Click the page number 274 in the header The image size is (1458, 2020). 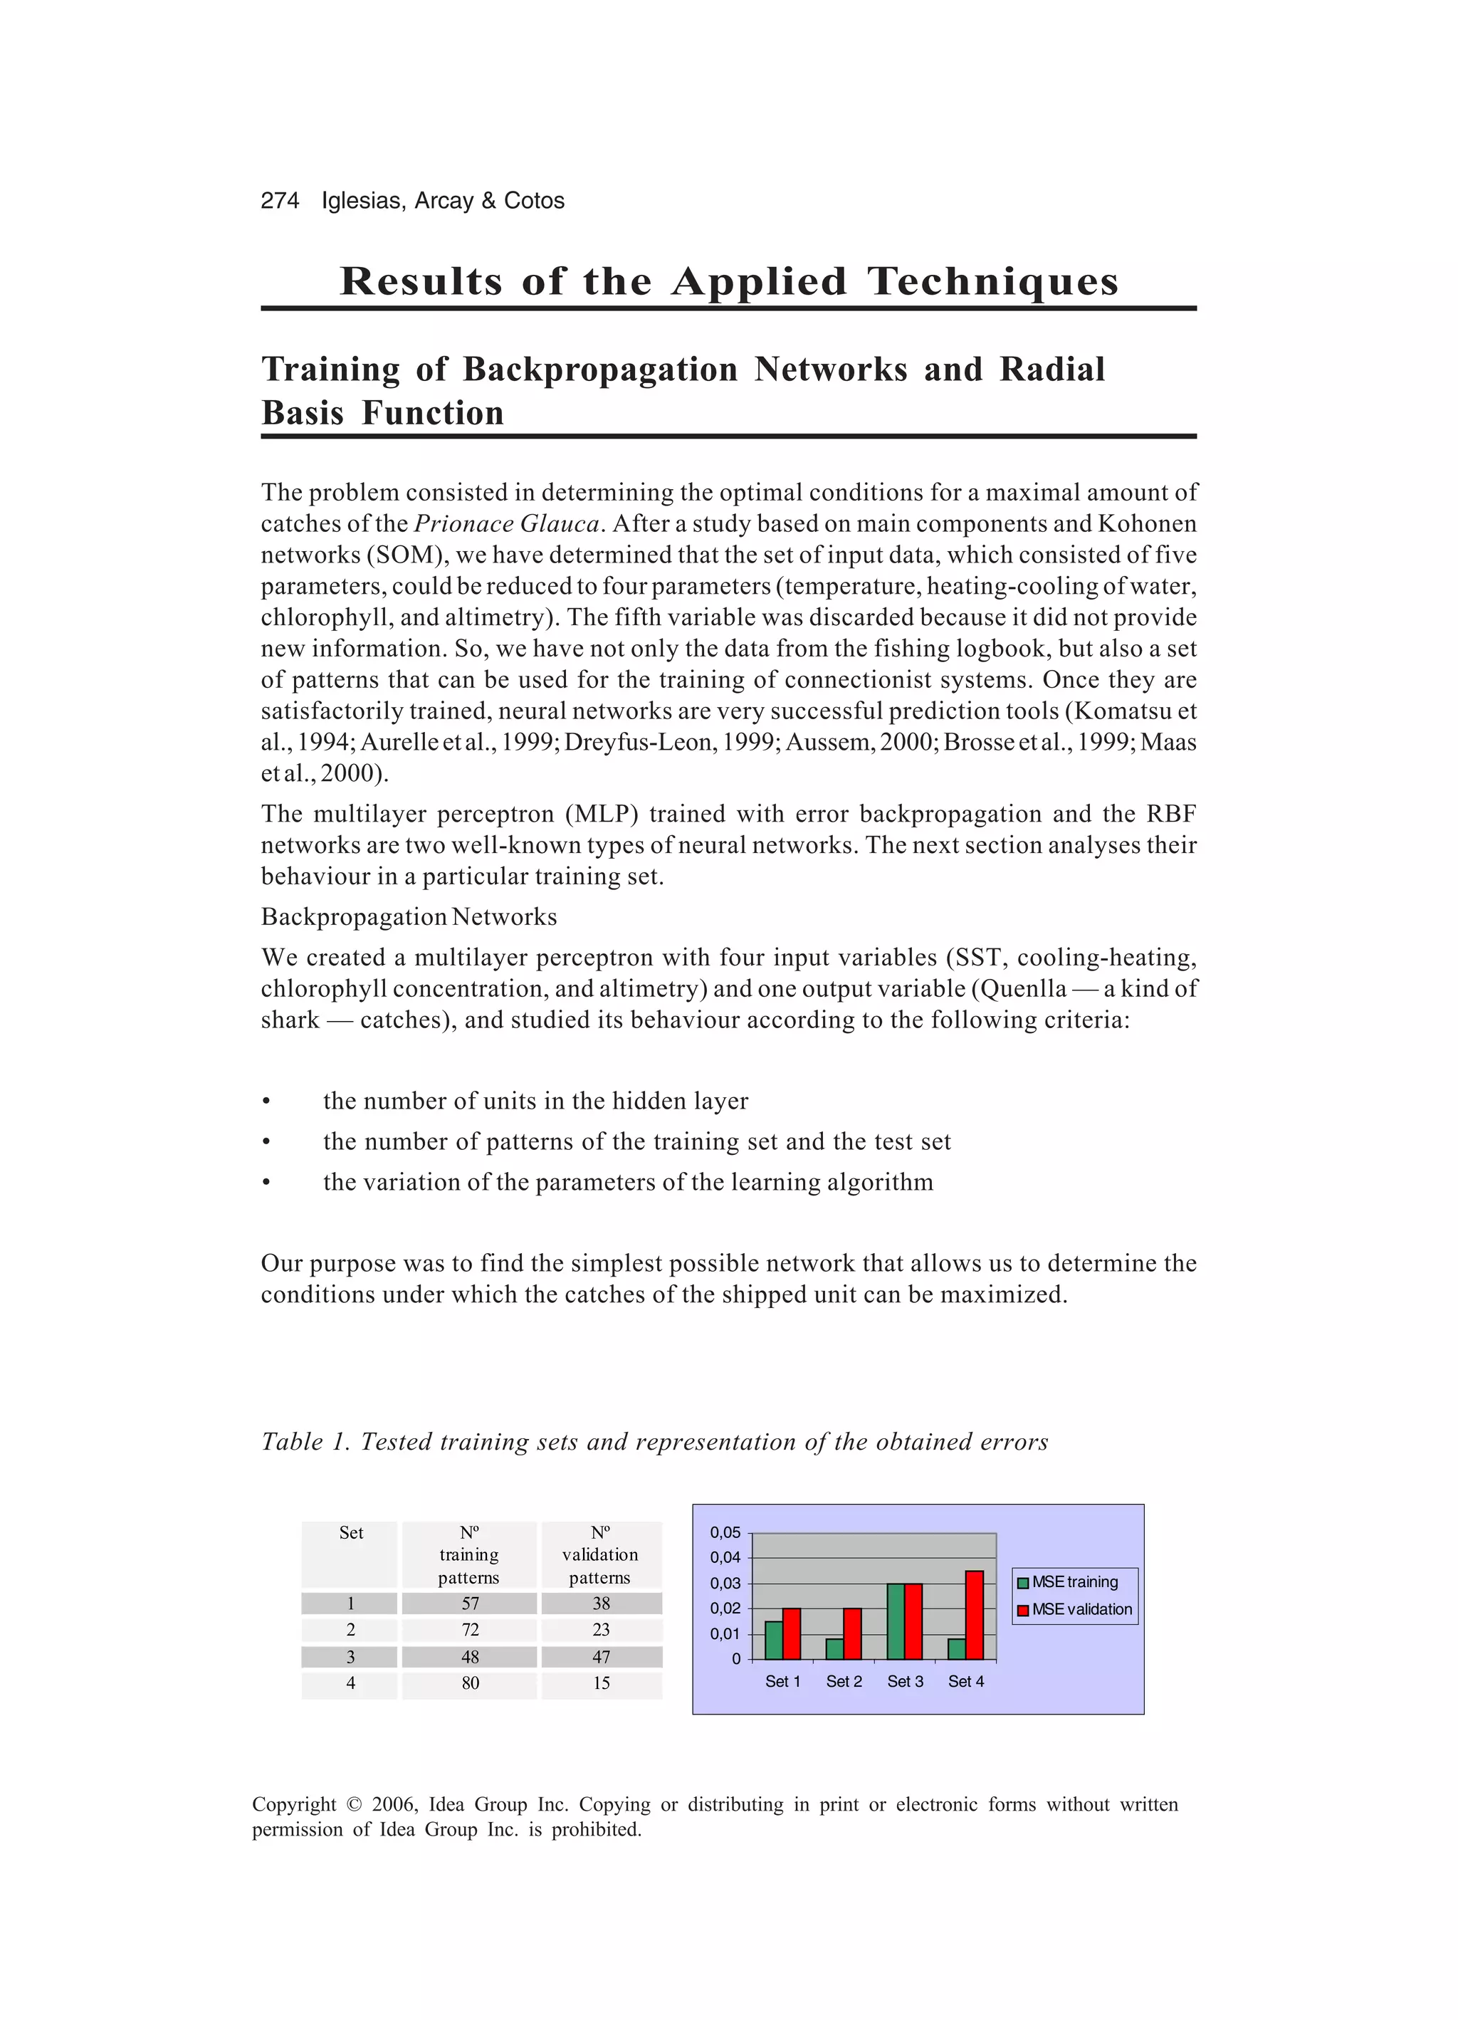point(280,200)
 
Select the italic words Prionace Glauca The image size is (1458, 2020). point(507,524)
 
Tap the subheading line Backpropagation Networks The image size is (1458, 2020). point(409,916)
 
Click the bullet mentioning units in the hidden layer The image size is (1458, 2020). point(535,1101)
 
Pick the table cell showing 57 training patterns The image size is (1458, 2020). point(469,1603)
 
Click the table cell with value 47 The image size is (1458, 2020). point(601,1657)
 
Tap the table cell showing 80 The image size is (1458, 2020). point(469,1683)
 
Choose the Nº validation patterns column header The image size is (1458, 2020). point(600,1554)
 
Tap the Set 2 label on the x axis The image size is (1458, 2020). point(844,1682)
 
